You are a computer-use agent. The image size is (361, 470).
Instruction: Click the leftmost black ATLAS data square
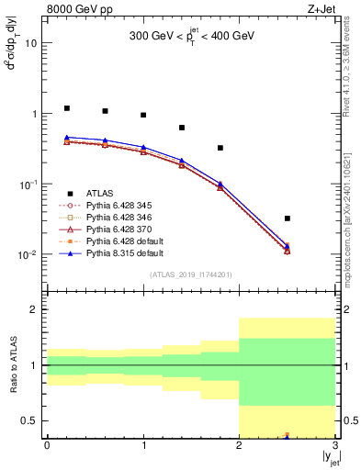pyautogui.click(x=67, y=108)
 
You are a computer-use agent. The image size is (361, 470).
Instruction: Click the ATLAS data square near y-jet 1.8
pyautogui.click(x=220, y=148)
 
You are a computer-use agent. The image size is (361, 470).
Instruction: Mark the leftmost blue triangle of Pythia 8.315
pyautogui.click(x=67, y=138)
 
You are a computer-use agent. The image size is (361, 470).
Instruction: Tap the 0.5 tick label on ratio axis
pyautogui.click(x=29, y=421)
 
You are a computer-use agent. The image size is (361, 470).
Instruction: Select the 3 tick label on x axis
pyautogui.click(x=335, y=447)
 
